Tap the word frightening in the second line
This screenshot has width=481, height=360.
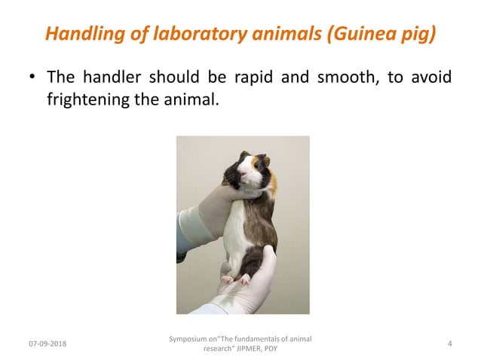[87, 99]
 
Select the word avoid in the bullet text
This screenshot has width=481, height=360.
[432, 78]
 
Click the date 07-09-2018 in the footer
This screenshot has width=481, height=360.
[47, 344]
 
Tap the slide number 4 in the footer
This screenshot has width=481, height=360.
[449, 344]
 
